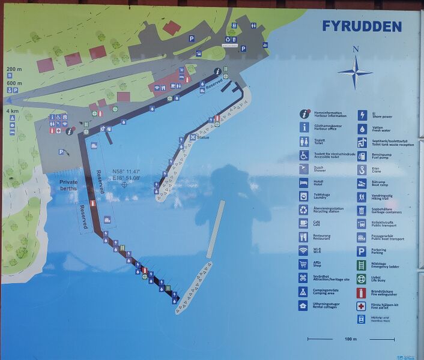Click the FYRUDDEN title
tap(362, 26)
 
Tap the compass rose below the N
tap(355, 72)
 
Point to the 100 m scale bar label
tap(351, 340)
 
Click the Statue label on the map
tap(203, 137)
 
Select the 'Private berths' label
tap(68, 185)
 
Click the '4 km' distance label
tap(12, 111)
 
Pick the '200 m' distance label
tap(14, 69)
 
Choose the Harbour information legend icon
tap(304, 113)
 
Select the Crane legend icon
tap(362, 170)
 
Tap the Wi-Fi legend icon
tap(304, 250)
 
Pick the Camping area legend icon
tap(304, 292)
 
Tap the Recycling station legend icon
tap(304, 209)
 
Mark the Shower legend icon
tap(304, 169)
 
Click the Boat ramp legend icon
tap(362, 183)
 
